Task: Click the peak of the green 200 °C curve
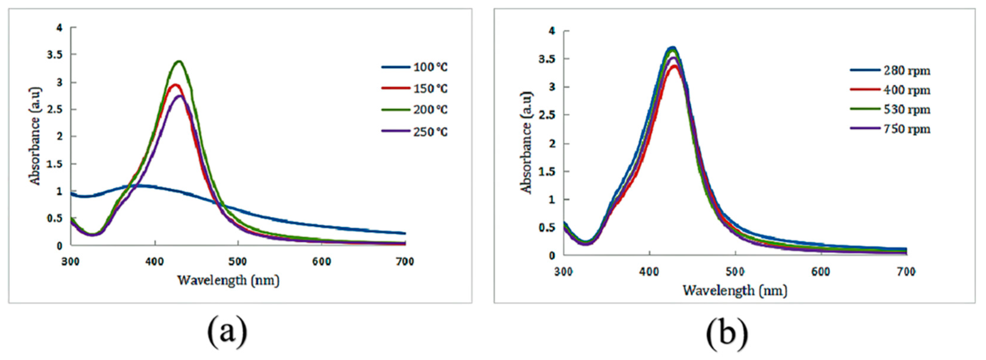tap(179, 61)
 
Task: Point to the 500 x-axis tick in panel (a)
tap(238, 262)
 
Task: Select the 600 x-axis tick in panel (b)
tap(821, 271)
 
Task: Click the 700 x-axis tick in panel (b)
tap(906, 271)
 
